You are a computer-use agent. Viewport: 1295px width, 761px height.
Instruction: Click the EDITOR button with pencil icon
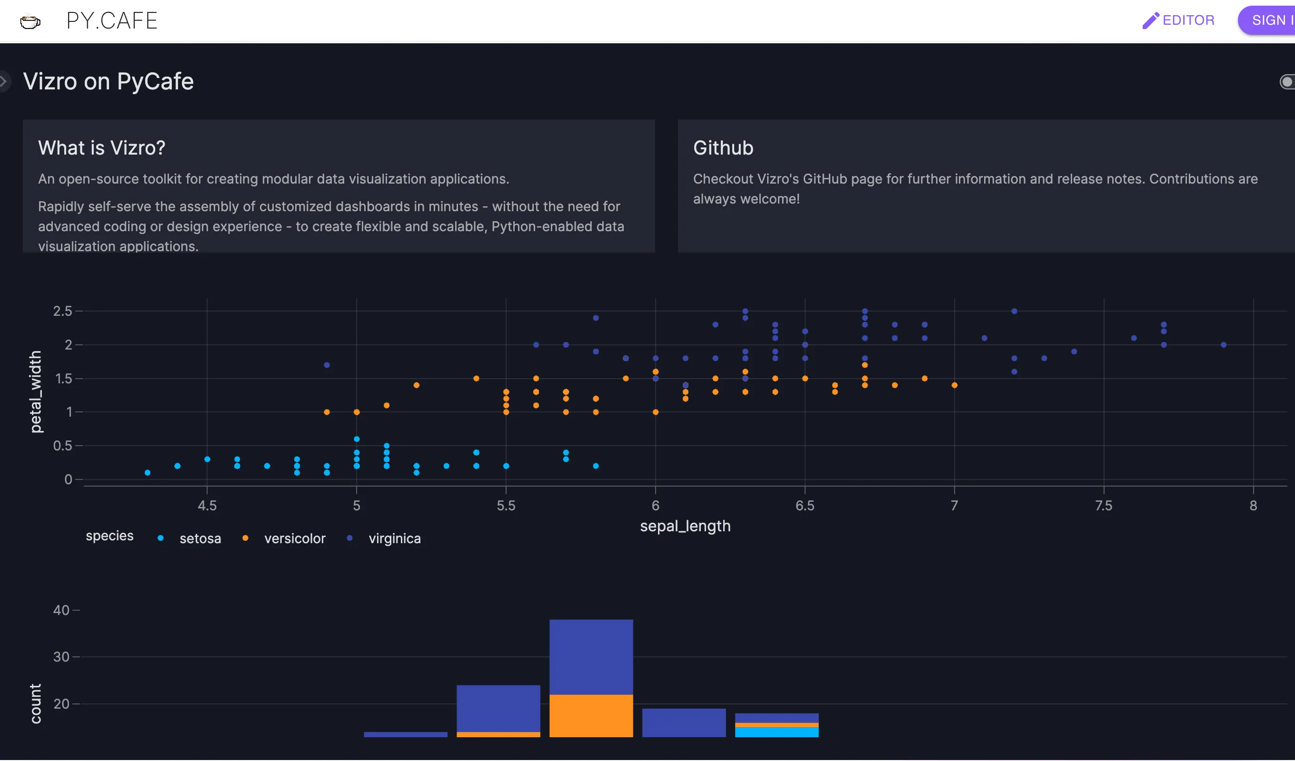click(1178, 20)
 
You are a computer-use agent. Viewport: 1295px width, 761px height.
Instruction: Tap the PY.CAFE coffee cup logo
click(30, 21)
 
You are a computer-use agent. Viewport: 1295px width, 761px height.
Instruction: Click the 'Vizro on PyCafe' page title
click(109, 81)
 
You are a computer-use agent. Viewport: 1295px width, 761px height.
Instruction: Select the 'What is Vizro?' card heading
click(102, 148)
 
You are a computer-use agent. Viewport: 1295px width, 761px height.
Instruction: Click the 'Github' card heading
click(723, 148)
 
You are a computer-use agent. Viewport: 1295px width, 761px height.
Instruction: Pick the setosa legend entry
click(200, 538)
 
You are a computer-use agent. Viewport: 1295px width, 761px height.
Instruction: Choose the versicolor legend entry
click(294, 538)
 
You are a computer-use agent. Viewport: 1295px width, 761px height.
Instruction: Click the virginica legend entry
click(394, 538)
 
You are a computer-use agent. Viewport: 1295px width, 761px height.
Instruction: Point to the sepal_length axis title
click(685, 526)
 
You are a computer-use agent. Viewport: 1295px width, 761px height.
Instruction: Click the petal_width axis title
click(35, 391)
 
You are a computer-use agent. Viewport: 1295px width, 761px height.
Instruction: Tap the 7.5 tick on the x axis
click(1103, 505)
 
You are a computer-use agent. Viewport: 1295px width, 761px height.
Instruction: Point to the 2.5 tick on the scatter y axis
click(62, 311)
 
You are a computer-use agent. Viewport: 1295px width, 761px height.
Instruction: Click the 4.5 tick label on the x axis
click(207, 505)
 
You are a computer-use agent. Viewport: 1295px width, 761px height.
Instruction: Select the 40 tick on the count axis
click(61, 610)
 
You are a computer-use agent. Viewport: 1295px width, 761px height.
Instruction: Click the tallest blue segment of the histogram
click(591, 657)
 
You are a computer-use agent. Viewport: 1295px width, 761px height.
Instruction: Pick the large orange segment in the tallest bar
click(591, 715)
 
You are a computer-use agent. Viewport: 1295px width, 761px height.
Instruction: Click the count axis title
click(35, 703)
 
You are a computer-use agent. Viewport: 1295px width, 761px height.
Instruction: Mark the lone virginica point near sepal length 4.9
click(327, 365)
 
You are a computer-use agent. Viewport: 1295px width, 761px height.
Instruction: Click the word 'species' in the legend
click(110, 536)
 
